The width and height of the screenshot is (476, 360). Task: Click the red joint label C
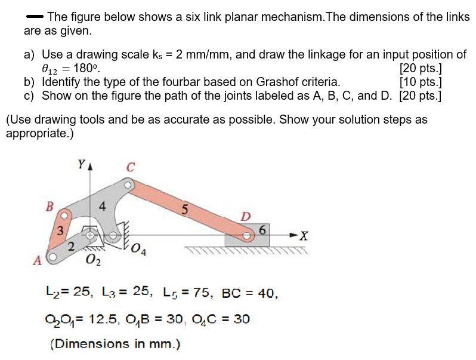(x=130, y=168)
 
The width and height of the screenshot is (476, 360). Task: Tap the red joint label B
(x=50, y=207)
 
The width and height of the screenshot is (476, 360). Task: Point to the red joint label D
(x=246, y=216)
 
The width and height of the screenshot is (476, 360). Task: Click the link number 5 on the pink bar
(x=185, y=209)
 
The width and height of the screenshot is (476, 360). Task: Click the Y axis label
(x=81, y=163)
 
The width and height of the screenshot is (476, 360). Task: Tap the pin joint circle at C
(x=126, y=186)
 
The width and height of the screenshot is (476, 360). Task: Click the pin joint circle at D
(x=246, y=235)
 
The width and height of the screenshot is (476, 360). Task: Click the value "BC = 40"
(x=249, y=293)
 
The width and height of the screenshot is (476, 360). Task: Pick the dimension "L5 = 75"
(x=187, y=293)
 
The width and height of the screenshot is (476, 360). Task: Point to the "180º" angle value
(x=86, y=68)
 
